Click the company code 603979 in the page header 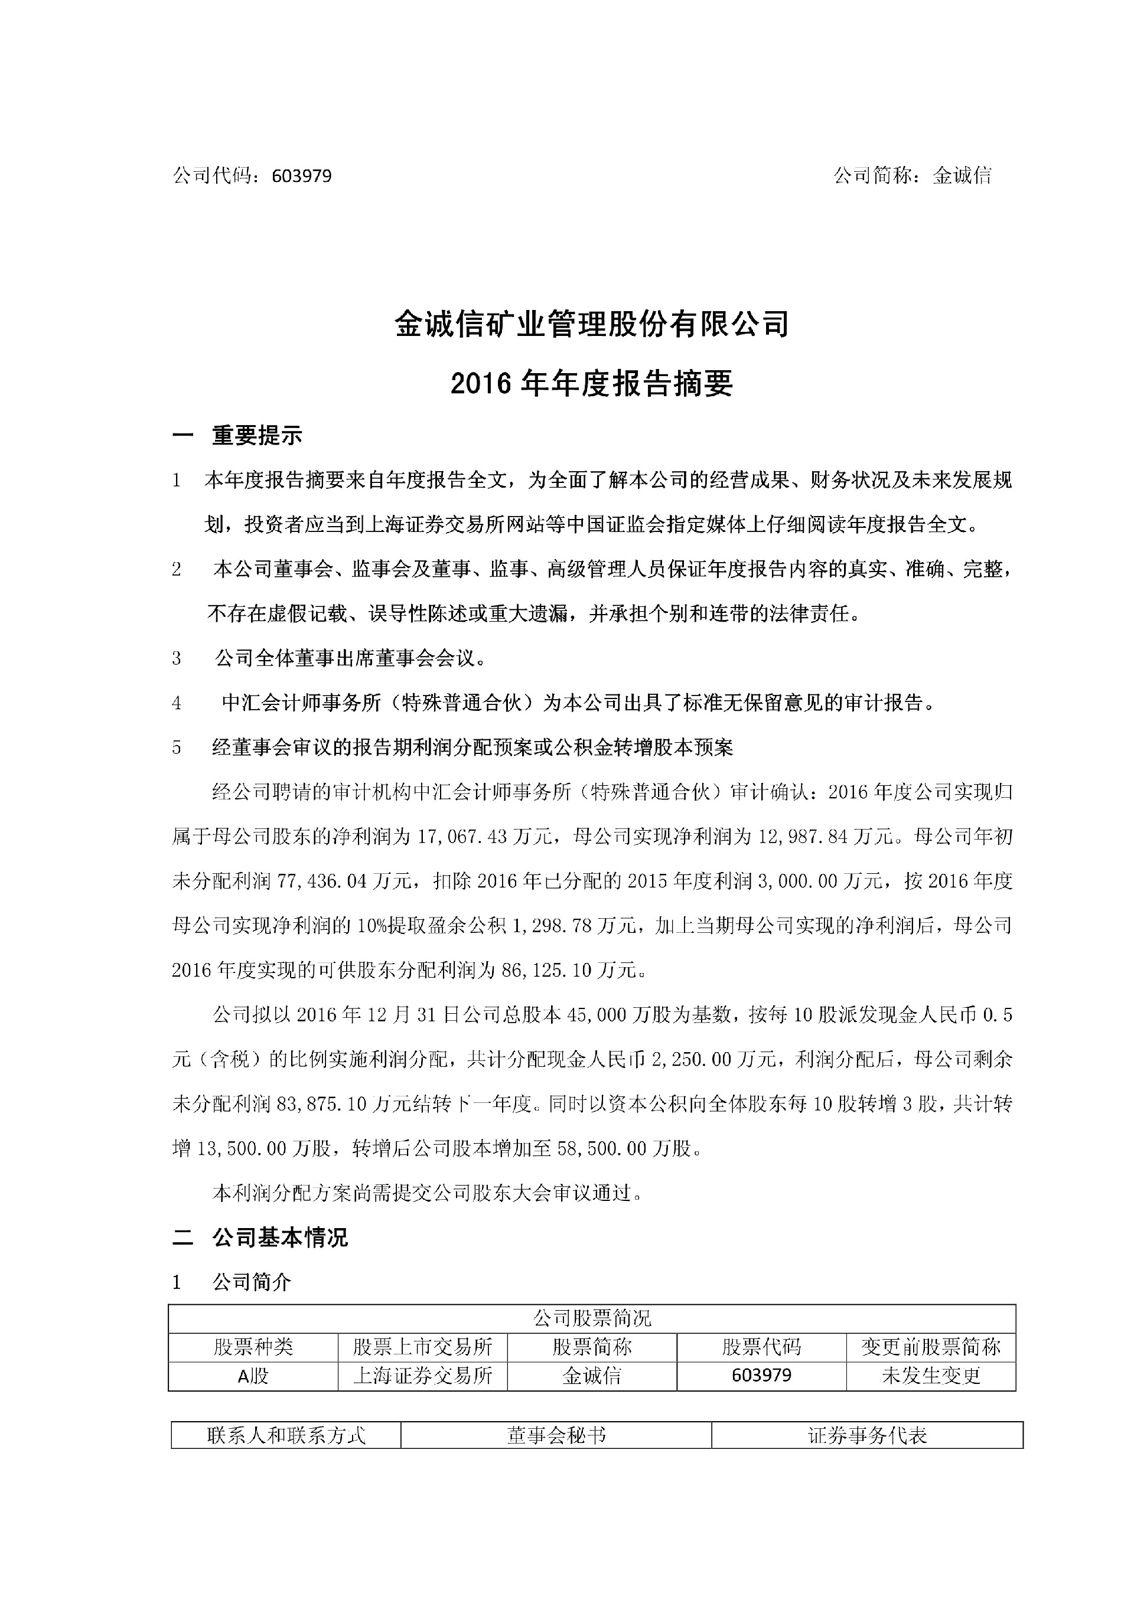(302, 176)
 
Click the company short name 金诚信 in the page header (962, 176)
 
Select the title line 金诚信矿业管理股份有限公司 (592, 325)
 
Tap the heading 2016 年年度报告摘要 (592, 383)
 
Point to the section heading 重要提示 (257, 436)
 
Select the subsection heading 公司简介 (252, 1282)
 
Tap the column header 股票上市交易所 (422, 1347)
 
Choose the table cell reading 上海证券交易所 (422, 1376)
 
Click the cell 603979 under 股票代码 (761, 1376)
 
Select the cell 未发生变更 (931, 1376)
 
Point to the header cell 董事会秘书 (556, 1435)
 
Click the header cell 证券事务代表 (867, 1435)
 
